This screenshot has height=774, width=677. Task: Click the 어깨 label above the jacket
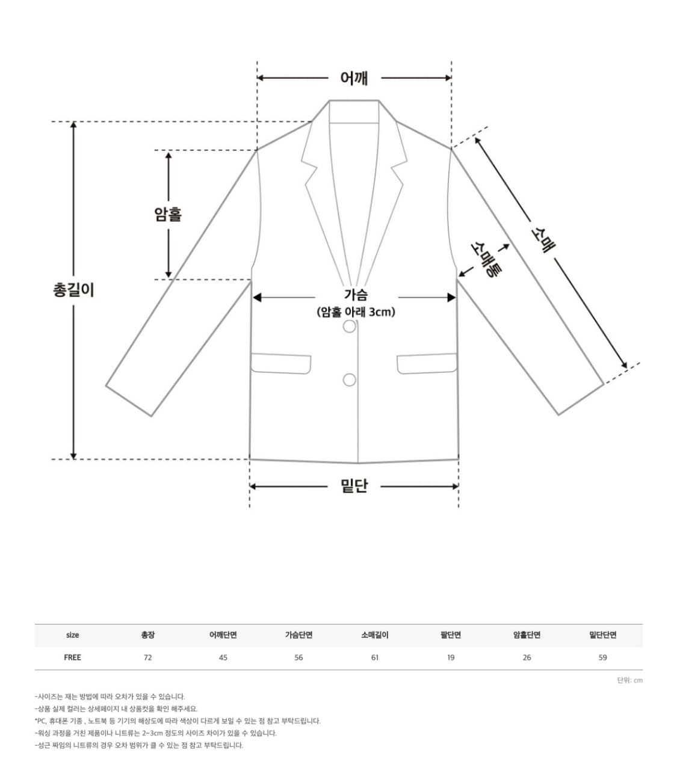tap(354, 78)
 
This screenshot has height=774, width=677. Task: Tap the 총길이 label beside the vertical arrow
tap(73, 290)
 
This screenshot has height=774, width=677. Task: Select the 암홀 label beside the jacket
tap(168, 214)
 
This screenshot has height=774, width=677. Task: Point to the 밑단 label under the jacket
tap(354, 486)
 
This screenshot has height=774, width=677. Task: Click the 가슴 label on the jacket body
tap(356, 294)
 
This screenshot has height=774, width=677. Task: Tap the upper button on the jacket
tap(349, 326)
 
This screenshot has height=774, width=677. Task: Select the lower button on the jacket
tap(349, 380)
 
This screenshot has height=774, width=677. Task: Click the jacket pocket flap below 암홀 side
tap(281, 363)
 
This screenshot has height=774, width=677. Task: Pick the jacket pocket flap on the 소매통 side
tap(427, 363)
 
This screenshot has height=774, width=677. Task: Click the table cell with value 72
tap(147, 657)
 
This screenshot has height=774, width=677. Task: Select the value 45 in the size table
tap(223, 657)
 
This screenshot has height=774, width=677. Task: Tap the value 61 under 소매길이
tap(375, 657)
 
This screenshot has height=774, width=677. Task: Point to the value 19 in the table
tap(451, 657)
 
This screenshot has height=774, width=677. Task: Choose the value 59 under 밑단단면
tap(603, 657)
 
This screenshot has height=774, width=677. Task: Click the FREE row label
tap(72, 657)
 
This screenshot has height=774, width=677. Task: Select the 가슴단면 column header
tap(299, 635)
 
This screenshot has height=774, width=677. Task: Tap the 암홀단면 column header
tap(527, 635)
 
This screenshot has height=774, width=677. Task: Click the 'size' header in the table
tap(72, 635)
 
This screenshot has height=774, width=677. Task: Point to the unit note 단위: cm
tap(629, 680)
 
